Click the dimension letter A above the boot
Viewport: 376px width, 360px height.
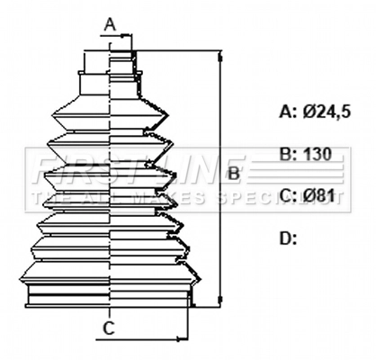pos(110,22)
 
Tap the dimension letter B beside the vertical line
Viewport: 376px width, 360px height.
pos(232,172)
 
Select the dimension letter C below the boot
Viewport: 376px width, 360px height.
pos(108,328)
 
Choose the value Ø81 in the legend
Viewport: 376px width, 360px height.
pos(318,195)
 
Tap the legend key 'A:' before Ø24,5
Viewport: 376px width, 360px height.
pos(289,112)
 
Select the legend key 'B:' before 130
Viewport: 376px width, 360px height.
pos(289,154)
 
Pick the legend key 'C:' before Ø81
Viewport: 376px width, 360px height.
pos(289,195)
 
